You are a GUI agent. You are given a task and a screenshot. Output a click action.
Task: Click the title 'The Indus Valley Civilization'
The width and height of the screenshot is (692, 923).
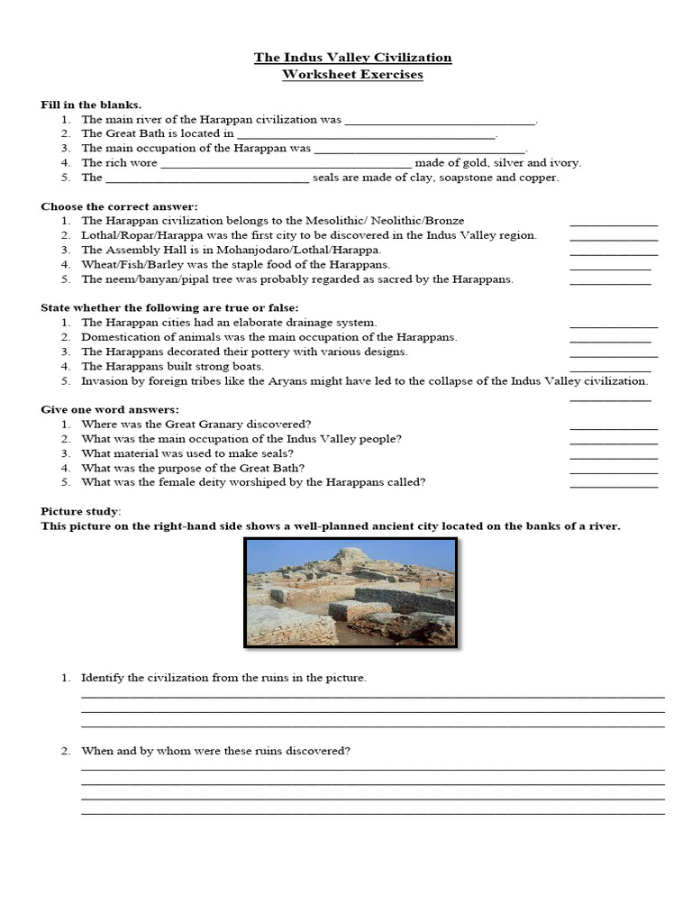coord(352,58)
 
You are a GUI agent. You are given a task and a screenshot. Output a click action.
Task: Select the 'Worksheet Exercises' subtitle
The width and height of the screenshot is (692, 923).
coord(352,74)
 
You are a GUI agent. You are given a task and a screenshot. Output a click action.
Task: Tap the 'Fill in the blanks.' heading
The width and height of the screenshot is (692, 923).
coord(91,105)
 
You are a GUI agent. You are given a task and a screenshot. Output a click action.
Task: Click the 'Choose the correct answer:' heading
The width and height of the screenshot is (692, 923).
coord(119,206)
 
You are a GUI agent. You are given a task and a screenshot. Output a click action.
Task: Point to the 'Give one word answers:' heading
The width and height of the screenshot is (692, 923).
coord(110,409)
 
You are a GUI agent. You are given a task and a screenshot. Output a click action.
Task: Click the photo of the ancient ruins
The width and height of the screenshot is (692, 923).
coord(351,593)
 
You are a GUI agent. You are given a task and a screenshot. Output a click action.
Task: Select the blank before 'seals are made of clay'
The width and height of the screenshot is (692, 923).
coord(207,178)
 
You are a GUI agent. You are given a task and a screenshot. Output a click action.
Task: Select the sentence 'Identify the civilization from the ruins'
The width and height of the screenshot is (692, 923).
coord(223,677)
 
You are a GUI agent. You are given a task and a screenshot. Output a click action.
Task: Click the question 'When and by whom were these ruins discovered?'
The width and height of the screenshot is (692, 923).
coord(215,750)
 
